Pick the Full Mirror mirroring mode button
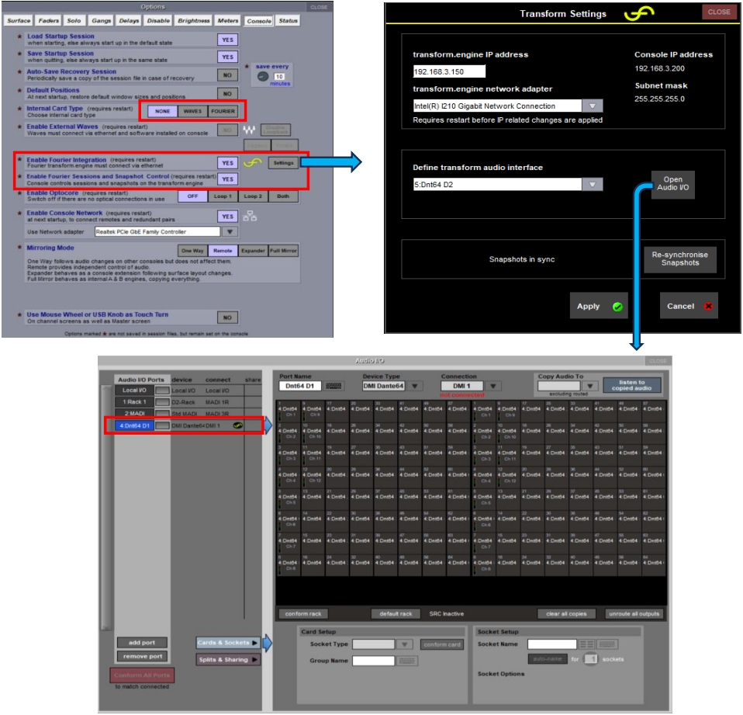283,250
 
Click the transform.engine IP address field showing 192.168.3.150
449,71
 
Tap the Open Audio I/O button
672,184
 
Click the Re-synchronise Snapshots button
679,259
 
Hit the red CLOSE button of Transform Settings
719,12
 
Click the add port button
142,642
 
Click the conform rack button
303,614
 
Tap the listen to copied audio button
631,385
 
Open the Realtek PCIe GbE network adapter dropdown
230,231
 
